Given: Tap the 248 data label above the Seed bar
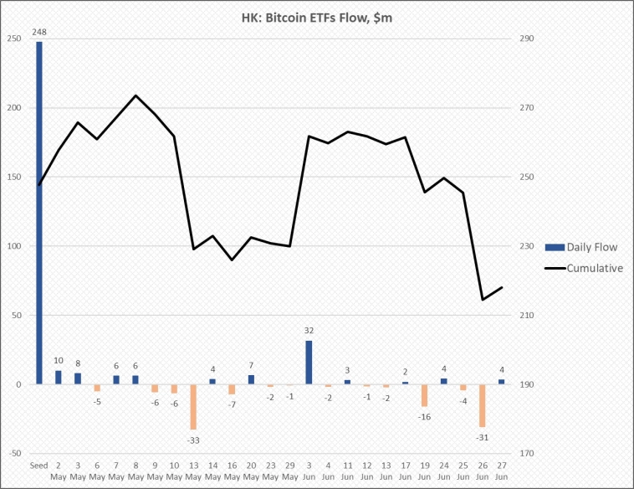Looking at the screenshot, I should click(39, 33).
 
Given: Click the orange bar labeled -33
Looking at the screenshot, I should click(193, 406).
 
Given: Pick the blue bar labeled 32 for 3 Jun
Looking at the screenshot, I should click(309, 362).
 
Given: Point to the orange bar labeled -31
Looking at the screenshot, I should click(482, 405).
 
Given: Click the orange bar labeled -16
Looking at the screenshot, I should click(424, 395).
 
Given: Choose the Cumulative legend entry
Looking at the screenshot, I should click(582, 268).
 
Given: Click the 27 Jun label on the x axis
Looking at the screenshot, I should click(501, 471).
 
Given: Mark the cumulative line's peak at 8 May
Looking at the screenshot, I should click(135, 95).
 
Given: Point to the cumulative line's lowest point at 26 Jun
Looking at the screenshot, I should click(482, 300).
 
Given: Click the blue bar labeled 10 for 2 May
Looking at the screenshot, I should click(59, 377).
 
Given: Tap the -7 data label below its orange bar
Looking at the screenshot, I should click(232, 404).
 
